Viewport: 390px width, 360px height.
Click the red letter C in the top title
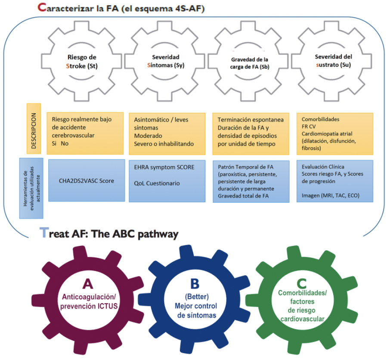42,7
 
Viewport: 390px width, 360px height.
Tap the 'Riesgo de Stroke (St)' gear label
82,62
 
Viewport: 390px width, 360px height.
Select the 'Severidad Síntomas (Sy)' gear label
166,61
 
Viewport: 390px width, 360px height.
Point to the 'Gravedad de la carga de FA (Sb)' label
250,63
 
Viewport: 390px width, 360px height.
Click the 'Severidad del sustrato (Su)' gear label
333,61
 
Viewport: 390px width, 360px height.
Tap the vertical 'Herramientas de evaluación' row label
31,188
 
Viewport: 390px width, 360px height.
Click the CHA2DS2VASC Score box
87,180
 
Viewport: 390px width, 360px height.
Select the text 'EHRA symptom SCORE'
164,167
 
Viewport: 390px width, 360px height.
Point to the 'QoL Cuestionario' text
157,183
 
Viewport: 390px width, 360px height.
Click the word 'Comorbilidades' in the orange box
320,119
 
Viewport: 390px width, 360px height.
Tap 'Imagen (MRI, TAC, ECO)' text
331,196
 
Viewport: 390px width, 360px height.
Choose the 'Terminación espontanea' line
251,120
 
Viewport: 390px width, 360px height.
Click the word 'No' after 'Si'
65,143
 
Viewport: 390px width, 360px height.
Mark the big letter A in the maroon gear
88,284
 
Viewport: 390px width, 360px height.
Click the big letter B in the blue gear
195,283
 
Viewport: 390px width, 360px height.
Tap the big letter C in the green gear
301,283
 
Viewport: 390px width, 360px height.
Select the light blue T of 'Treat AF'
44,233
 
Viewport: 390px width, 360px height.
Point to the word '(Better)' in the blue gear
197,297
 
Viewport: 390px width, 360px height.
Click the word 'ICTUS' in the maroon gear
108,306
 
